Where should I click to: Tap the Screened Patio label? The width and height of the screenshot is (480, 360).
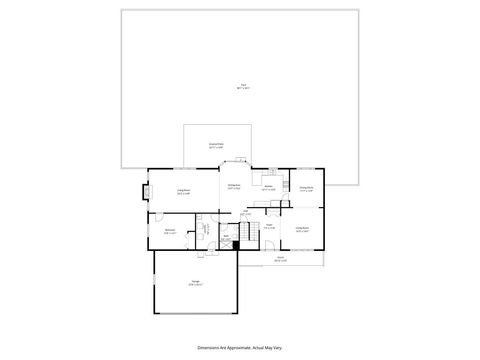pyautogui.click(x=215, y=146)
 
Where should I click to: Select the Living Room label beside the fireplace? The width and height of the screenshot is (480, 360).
pyautogui.click(x=184, y=192)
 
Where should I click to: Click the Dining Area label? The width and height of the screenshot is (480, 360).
pyautogui.click(x=234, y=187)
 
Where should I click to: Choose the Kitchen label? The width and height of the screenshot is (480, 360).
pyautogui.click(x=268, y=187)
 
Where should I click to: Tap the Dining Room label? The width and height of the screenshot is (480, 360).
pyautogui.click(x=306, y=188)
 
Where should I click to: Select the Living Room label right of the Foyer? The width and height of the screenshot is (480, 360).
pyautogui.click(x=302, y=229)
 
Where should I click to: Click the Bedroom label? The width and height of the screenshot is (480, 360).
pyautogui.click(x=170, y=232)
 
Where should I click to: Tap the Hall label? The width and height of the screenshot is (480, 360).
pyautogui.click(x=245, y=212)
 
